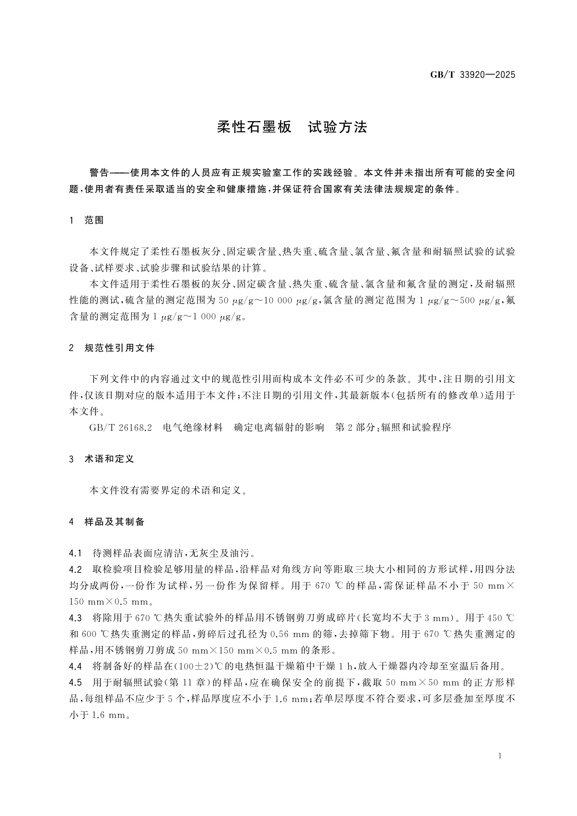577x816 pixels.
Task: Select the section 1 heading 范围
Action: [x=94, y=220]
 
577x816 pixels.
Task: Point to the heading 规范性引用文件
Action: [x=119, y=348]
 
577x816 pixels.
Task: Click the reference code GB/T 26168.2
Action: [x=121, y=428]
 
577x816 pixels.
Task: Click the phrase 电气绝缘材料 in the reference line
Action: [x=193, y=428]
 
